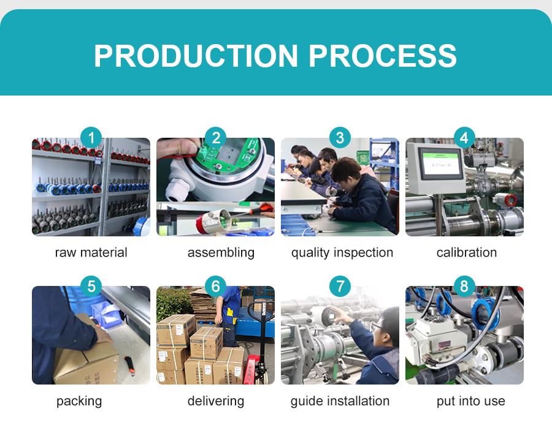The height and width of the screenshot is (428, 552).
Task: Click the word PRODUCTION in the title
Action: [x=196, y=56]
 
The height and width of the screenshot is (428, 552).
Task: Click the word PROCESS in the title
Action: [x=383, y=56]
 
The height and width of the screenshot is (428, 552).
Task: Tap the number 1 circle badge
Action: [x=91, y=137]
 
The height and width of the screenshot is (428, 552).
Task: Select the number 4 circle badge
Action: [x=464, y=137]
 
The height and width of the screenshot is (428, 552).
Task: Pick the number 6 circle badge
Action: [x=215, y=286]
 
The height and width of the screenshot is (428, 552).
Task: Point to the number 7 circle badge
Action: [x=340, y=286]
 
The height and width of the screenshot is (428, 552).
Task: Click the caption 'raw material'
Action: [x=91, y=252]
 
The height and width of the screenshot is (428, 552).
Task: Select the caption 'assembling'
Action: [x=221, y=253]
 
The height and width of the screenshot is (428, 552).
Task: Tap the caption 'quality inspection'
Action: [x=342, y=253]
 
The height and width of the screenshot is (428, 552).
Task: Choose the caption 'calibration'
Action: [x=467, y=252]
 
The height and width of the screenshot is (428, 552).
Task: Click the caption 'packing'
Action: [x=79, y=401]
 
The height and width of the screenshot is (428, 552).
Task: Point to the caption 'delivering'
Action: [x=216, y=401]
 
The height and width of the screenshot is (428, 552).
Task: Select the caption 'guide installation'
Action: [x=340, y=401]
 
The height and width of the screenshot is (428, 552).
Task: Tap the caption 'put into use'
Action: [x=470, y=401]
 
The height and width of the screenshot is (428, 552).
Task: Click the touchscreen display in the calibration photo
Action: [x=440, y=163]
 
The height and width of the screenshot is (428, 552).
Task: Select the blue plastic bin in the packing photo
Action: [x=105, y=313]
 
